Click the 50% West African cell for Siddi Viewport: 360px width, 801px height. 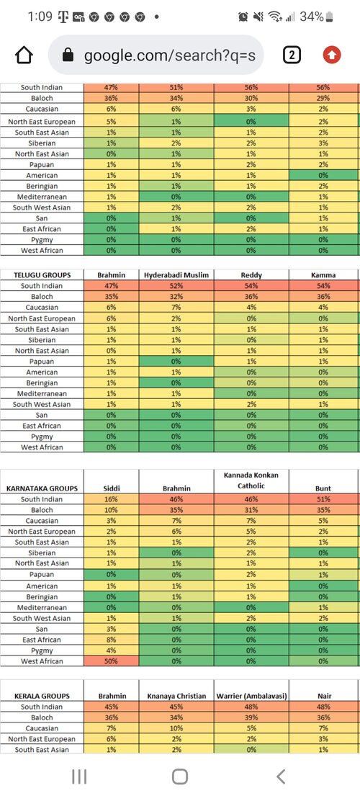(112, 661)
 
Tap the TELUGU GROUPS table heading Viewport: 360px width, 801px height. (42, 275)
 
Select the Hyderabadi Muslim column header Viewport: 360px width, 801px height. (176, 275)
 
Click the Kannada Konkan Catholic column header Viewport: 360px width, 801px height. (251, 480)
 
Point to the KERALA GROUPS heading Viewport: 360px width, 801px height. (42, 696)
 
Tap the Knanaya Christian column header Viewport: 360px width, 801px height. (176, 696)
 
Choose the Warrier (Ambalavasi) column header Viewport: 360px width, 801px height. (251, 696)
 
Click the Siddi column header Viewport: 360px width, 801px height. (112, 488)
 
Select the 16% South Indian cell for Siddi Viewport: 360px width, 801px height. (112, 499)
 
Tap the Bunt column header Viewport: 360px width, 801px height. (323, 488)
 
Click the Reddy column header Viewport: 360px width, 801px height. (251, 275)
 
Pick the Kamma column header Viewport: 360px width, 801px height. (323, 275)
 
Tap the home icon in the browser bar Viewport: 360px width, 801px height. (24, 55)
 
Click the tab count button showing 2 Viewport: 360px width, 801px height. (292, 55)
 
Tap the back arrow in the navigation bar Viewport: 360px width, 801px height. (280, 777)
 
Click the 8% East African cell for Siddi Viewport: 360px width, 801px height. (112, 640)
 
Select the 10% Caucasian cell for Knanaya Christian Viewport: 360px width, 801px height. (176, 728)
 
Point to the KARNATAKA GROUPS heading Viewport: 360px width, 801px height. (42, 488)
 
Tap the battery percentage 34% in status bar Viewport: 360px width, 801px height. (312, 17)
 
